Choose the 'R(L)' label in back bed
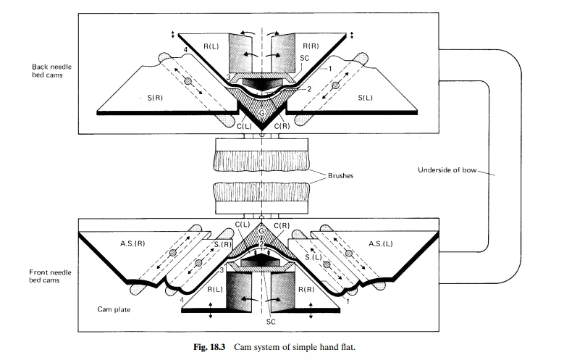click(212, 46)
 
